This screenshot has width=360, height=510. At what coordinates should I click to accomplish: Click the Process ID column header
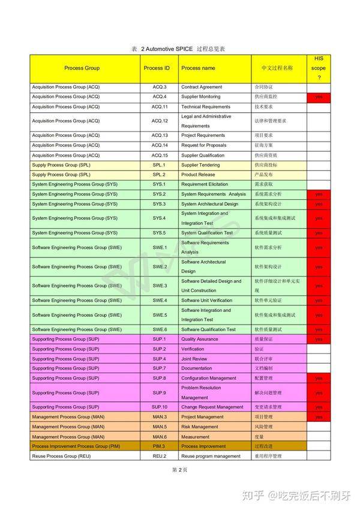click(157, 68)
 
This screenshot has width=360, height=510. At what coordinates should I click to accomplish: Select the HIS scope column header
click(319, 68)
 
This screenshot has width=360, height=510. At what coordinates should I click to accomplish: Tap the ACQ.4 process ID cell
click(159, 97)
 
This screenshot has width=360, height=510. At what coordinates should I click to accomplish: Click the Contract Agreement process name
click(202, 87)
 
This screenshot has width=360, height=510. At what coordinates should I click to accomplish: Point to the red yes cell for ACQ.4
click(319, 97)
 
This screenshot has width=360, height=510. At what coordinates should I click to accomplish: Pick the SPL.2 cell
click(159, 175)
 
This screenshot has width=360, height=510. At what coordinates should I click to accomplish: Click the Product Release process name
click(198, 175)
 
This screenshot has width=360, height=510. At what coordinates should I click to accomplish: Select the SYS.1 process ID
click(159, 184)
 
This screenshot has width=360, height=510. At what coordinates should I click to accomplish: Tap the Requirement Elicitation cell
click(205, 184)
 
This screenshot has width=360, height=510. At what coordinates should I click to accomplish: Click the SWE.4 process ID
click(159, 300)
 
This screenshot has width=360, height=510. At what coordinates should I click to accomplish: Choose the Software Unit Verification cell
click(206, 300)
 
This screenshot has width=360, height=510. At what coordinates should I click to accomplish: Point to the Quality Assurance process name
click(200, 339)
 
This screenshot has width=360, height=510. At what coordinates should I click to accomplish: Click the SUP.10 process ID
click(159, 407)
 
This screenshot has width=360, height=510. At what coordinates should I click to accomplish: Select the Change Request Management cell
click(212, 407)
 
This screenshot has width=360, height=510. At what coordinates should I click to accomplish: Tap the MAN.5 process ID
click(159, 427)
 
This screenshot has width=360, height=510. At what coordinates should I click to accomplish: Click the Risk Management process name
click(200, 427)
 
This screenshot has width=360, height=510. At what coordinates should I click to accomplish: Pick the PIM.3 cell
click(159, 446)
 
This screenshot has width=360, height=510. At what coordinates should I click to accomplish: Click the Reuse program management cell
click(211, 456)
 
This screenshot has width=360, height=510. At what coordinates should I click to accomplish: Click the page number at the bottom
click(180, 470)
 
